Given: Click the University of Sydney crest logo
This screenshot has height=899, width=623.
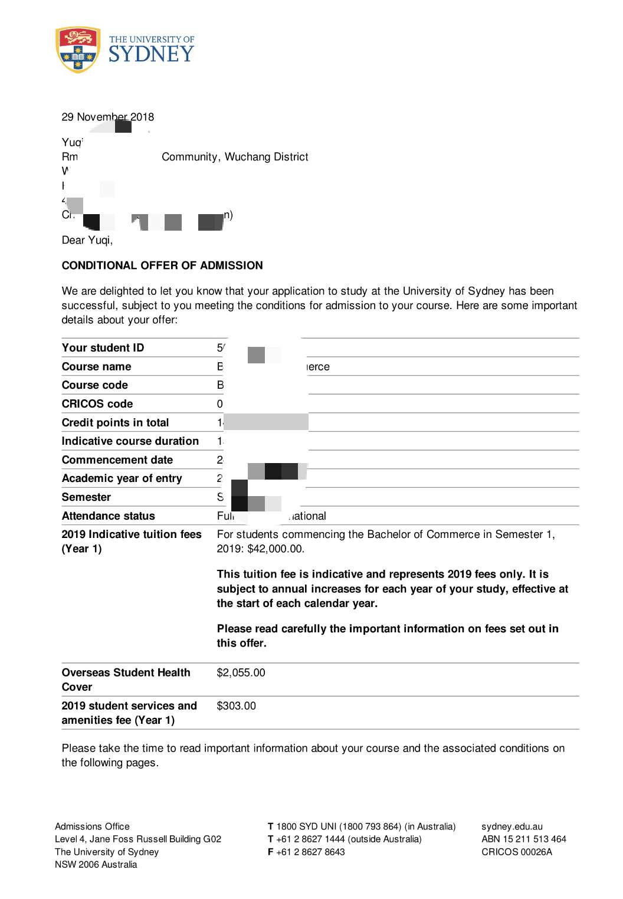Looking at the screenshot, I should [x=77, y=50].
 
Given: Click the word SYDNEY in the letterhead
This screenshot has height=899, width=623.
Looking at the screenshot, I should [x=151, y=54].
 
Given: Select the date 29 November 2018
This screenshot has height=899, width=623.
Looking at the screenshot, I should [x=107, y=117].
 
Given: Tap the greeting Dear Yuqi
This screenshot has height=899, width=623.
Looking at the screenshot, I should [x=87, y=240].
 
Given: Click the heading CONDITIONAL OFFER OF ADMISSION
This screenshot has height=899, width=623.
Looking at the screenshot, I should [x=162, y=265].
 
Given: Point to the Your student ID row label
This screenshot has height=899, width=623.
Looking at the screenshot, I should [x=103, y=347].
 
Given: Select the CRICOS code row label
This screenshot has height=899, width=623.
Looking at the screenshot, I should [x=97, y=403].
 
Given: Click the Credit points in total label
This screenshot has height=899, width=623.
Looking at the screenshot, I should [x=115, y=422].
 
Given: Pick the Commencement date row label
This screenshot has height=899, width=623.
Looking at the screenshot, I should [x=117, y=460].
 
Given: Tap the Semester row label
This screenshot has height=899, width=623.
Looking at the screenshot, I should [x=86, y=497].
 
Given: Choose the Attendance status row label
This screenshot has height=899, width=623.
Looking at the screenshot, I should [x=108, y=516].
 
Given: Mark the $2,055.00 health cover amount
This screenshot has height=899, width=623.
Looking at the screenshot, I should [x=241, y=672].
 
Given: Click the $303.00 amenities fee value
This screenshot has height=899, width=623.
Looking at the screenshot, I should [x=236, y=706].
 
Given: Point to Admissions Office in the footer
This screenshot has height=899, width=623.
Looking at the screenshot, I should [x=92, y=826].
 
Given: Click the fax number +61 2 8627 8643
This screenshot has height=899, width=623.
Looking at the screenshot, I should [x=310, y=852].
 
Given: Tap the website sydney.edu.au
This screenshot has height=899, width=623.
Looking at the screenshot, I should [x=511, y=826].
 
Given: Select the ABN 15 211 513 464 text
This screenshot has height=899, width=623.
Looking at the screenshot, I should [x=523, y=839].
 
